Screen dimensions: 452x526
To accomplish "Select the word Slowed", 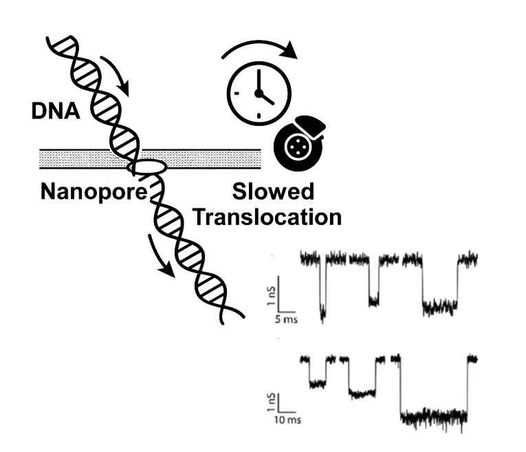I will (273, 192).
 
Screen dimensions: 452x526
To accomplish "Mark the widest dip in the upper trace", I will (440, 306).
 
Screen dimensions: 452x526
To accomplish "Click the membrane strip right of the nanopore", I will (213, 159).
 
